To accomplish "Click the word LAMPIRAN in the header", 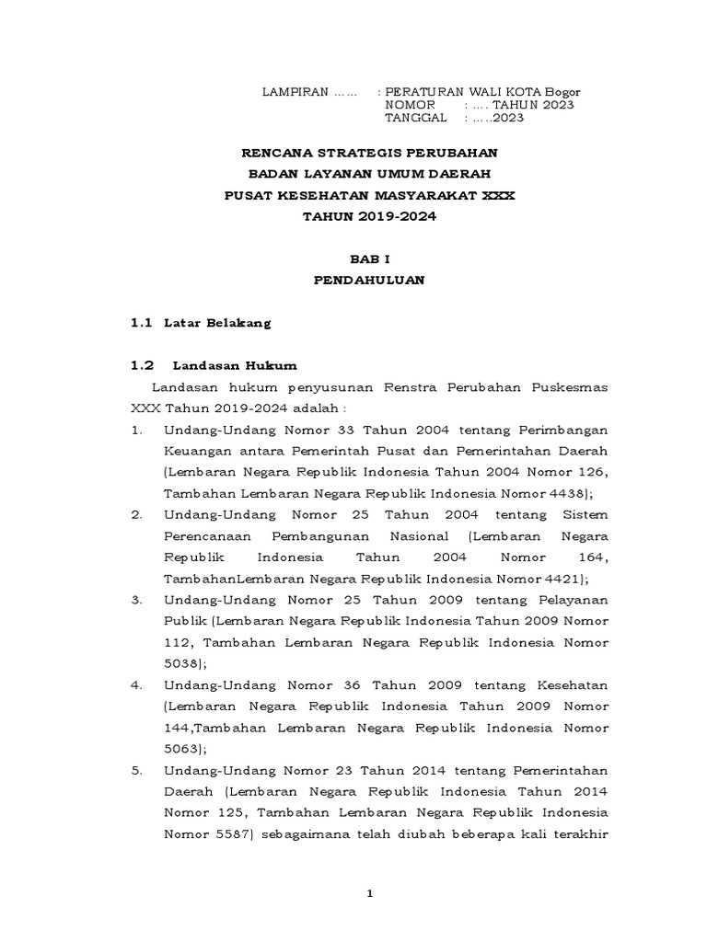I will click(296, 92).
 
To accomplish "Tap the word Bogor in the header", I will click(562, 92).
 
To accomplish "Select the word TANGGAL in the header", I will click(416, 118).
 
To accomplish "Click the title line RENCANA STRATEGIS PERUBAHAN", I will click(368, 153).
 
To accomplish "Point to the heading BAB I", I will click(369, 260).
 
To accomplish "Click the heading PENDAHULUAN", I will click(369, 281).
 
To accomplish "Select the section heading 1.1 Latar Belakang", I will click(201, 323).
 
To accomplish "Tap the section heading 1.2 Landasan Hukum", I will click(214, 364).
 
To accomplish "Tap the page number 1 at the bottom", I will click(369, 894).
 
